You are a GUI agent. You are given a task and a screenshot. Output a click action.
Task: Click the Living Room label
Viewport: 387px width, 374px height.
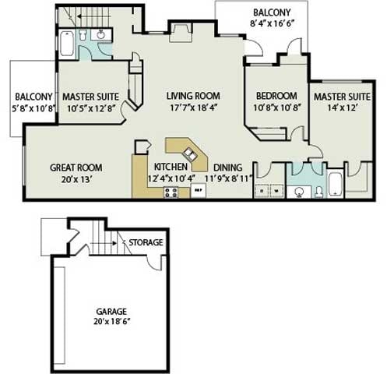tap(193, 97)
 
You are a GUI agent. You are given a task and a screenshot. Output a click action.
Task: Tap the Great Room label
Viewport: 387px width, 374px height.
tap(76, 168)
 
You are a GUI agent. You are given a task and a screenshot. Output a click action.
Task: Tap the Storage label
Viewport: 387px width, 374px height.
tap(146, 242)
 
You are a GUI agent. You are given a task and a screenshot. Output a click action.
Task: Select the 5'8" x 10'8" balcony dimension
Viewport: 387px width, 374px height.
tap(33, 109)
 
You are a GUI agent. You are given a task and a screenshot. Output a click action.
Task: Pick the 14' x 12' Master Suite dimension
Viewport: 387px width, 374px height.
tap(341, 109)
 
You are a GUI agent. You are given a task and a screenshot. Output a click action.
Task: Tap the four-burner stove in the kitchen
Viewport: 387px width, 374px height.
tap(171, 190)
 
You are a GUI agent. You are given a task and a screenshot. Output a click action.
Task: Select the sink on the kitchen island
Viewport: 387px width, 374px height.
tap(188, 149)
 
